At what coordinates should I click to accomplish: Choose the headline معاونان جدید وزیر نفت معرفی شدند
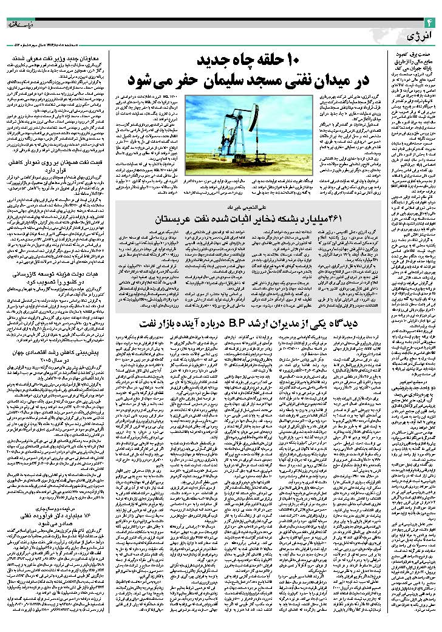click(x=59, y=59)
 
